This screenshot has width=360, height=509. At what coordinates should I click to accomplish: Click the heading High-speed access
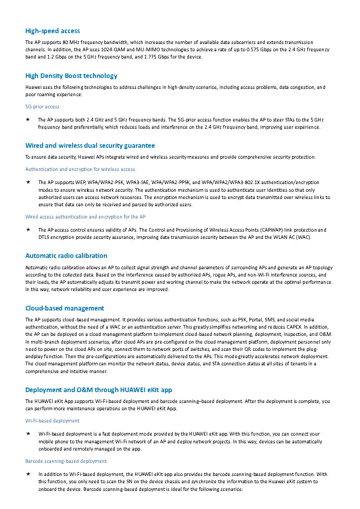(x=53, y=31)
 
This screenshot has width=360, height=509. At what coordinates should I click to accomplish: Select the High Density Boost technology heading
(x=71, y=76)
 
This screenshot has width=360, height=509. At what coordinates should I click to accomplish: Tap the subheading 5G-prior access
(x=42, y=107)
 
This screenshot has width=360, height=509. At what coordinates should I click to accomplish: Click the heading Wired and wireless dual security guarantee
(x=90, y=145)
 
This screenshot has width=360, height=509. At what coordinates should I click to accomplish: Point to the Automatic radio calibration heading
(x=66, y=256)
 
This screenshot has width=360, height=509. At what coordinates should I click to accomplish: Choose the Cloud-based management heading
(x=64, y=308)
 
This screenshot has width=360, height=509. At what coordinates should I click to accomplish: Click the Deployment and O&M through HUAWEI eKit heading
(x=98, y=390)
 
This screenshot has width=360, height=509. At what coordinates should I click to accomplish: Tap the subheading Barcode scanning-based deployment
(x=66, y=461)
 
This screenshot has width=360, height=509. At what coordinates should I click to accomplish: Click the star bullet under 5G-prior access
(x=28, y=120)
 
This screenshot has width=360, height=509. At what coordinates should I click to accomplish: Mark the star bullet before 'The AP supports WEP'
(x=28, y=182)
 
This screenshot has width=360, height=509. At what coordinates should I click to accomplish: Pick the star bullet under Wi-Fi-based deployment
(x=28, y=434)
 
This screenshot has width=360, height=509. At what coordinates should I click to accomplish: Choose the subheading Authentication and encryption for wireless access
(x=80, y=169)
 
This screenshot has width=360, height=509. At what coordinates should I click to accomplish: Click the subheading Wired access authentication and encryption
(x=85, y=217)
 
